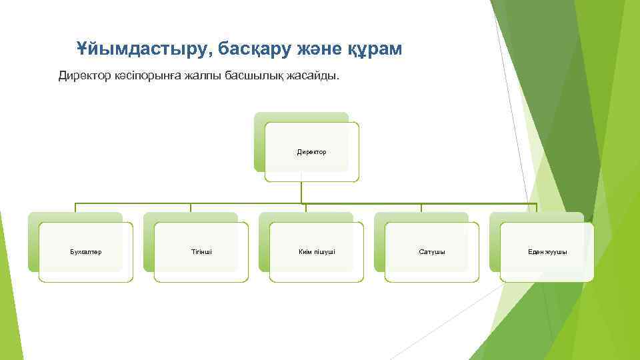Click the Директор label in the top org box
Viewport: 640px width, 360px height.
pos(311,152)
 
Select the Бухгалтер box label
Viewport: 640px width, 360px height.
pos(85,252)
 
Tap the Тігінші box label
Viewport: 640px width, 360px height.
pos(201,252)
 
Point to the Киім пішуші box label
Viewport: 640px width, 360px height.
pos(317,252)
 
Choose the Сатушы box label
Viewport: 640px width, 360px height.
pos(432,252)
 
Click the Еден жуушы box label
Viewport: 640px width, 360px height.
pos(547,252)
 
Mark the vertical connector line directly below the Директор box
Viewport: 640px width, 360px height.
pos(301,192)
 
